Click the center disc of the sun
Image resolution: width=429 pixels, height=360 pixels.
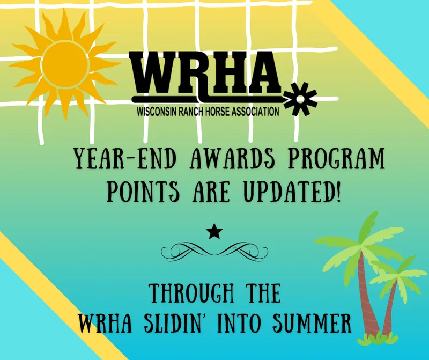click(65, 64)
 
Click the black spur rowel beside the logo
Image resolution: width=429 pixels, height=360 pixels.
click(300, 99)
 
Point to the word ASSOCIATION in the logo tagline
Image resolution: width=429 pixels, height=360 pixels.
click(255, 112)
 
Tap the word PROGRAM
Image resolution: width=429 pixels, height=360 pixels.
click(336, 158)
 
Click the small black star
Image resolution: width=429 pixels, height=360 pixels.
click(214, 231)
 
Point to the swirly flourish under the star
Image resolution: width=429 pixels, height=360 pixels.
click(214, 252)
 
